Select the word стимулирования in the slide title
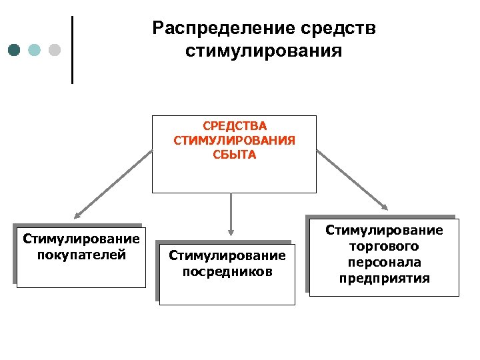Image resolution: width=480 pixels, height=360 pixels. click(x=263, y=51)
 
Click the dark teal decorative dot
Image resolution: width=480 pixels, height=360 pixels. click(x=15, y=50)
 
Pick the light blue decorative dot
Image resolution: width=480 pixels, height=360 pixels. click(x=35, y=50)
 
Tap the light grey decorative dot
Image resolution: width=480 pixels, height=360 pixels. click(x=55, y=50)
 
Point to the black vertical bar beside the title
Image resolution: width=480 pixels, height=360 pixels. click(x=72, y=50)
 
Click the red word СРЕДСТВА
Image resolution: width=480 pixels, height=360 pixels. click(x=234, y=127)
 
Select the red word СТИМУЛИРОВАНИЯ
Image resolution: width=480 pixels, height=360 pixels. click(x=234, y=141)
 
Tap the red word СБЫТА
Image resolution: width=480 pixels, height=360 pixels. click(x=234, y=155)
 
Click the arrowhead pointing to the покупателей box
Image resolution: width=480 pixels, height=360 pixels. click(x=78, y=215)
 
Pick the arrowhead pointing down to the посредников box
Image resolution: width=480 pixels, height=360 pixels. click(x=230, y=231)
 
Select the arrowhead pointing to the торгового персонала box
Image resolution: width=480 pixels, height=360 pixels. click(x=386, y=206)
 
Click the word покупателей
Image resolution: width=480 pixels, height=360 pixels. click(x=82, y=254)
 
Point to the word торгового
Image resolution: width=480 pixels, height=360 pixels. click(x=384, y=247)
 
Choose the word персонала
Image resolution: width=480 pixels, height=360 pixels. click(x=384, y=263)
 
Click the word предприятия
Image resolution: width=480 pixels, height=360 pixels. click(x=384, y=278)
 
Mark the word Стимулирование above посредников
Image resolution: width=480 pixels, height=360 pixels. click(x=227, y=256)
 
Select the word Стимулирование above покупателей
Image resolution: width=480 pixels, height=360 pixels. click(x=81, y=239)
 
